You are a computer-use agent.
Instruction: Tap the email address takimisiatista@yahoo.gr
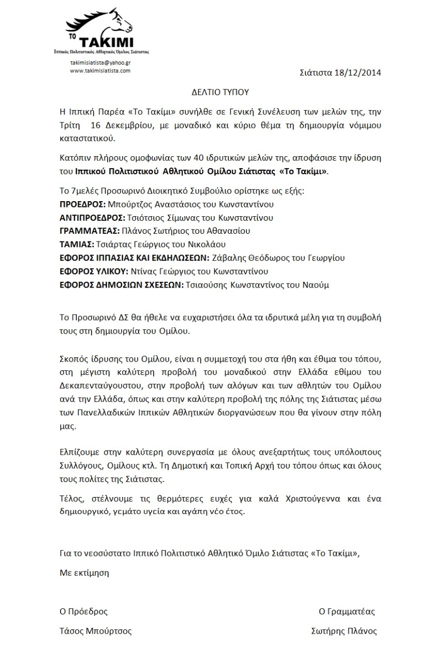click(x=100, y=62)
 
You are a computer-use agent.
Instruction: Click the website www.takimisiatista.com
click(x=100, y=70)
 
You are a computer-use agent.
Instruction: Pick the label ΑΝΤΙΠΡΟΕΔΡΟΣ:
click(x=91, y=218)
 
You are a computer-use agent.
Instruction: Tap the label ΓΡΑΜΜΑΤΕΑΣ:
click(x=90, y=231)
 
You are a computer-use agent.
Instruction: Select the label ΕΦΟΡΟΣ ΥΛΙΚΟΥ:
click(x=94, y=272)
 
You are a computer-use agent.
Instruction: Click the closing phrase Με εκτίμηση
click(x=84, y=573)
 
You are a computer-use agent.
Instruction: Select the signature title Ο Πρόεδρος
click(x=84, y=611)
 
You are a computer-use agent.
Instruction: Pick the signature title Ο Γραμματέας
click(x=347, y=611)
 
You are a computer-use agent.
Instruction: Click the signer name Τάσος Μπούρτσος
click(x=96, y=631)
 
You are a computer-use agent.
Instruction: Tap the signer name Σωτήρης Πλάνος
click(x=344, y=631)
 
